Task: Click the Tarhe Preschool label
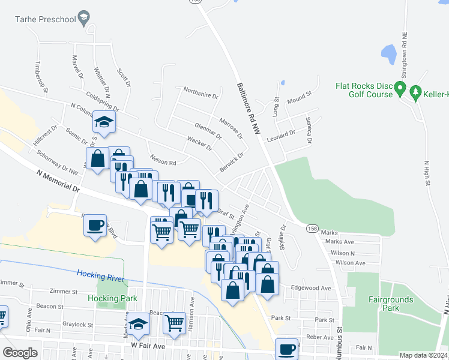click(46, 19)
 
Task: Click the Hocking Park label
click(112, 298)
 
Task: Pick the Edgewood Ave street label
click(311, 288)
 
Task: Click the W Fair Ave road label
click(143, 347)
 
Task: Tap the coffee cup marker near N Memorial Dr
click(95, 226)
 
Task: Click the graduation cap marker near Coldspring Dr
click(104, 122)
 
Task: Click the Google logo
click(20, 353)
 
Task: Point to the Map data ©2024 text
click(423, 355)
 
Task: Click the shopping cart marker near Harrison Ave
click(174, 322)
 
